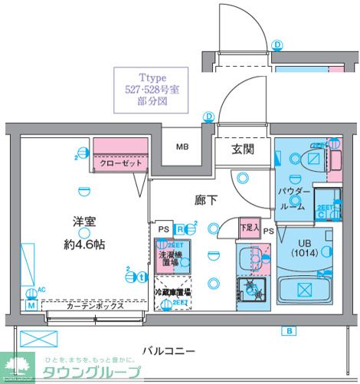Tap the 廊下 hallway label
click(205, 200)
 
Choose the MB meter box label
click(183, 147)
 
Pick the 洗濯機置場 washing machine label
click(170, 258)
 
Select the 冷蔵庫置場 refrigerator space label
click(172, 292)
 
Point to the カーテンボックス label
click(94, 305)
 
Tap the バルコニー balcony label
click(169, 351)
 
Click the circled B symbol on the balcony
click(289, 331)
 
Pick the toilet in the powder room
click(313, 160)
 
